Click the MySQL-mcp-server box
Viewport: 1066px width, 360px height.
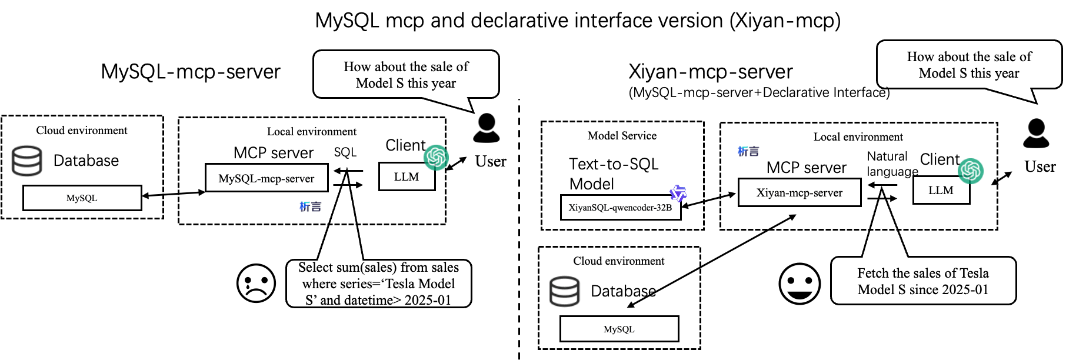click(266, 178)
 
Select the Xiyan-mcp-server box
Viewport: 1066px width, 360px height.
click(799, 192)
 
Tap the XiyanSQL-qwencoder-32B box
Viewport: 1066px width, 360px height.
click(621, 208)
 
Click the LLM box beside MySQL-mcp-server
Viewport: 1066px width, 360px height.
click(407, 176)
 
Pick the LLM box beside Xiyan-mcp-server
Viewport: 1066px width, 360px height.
click(941, 190)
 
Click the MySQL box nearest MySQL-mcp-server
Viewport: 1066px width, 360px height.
click(82, 198)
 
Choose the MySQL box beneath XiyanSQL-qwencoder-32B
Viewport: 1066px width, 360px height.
click(619, 329)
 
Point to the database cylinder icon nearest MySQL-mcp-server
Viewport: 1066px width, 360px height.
click(27, 161)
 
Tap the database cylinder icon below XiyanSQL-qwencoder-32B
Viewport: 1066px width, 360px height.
click(565, 291)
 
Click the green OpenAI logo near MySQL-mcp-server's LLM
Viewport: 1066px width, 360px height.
click(437, 157)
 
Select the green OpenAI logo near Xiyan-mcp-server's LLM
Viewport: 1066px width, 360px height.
click(971, 171)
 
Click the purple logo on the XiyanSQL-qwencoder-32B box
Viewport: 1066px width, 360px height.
click(678, 193)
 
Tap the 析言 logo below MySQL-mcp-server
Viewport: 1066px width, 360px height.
click(311, 206)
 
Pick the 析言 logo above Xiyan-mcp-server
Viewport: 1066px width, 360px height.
click(749, 151)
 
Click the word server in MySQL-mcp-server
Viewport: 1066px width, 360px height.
click(299, 178)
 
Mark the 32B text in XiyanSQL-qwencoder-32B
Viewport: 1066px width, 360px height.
click(664, 208)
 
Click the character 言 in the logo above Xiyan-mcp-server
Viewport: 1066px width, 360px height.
click(754, 152)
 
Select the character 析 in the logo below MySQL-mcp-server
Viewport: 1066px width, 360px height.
click(305, 206)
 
